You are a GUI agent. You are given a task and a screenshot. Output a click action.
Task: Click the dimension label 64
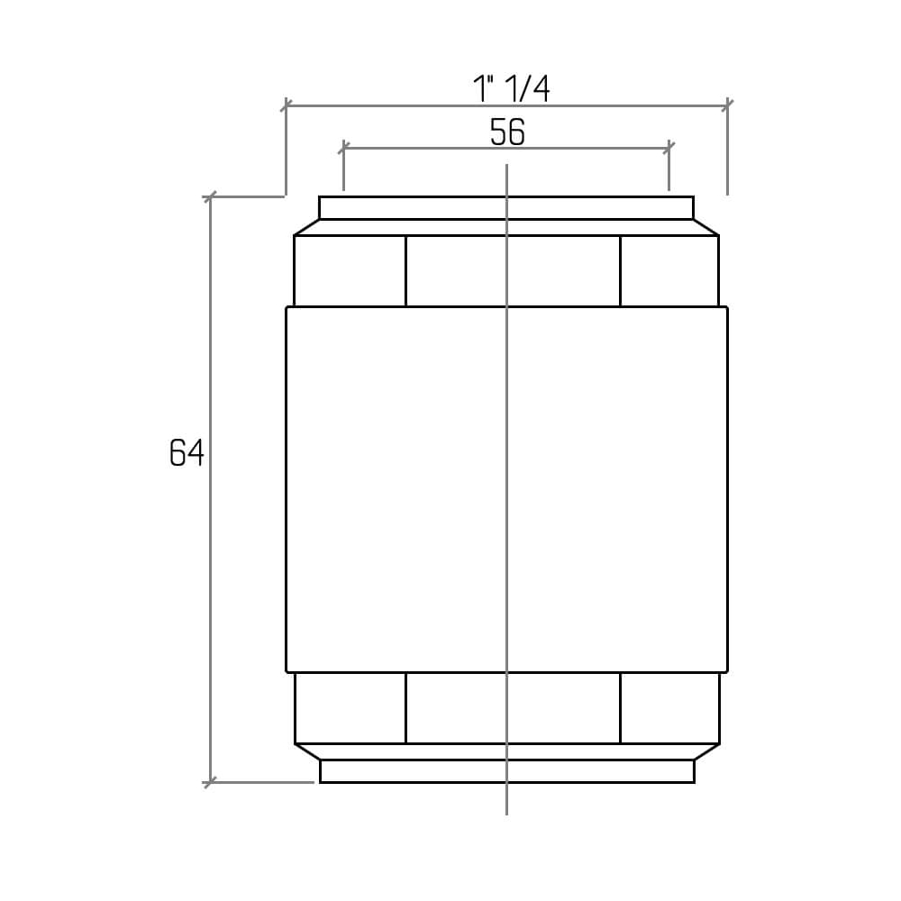[187, 452]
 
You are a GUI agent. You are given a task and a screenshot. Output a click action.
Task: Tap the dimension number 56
[507, 132]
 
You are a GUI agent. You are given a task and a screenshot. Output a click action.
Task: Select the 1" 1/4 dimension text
[511, 89]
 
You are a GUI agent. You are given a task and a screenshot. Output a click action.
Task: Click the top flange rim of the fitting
[506, 208]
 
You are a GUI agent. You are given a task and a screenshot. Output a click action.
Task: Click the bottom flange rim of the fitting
[506, 771]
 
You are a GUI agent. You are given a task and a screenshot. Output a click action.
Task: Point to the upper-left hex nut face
[350, 270]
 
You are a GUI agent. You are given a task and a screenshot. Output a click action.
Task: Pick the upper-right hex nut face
[669, 270]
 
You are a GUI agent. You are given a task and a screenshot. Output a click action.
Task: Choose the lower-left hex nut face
[350, 708]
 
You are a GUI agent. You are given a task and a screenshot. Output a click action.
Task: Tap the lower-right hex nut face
[670, 708]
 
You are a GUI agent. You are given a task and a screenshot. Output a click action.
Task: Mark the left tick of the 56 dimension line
[343, 149]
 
